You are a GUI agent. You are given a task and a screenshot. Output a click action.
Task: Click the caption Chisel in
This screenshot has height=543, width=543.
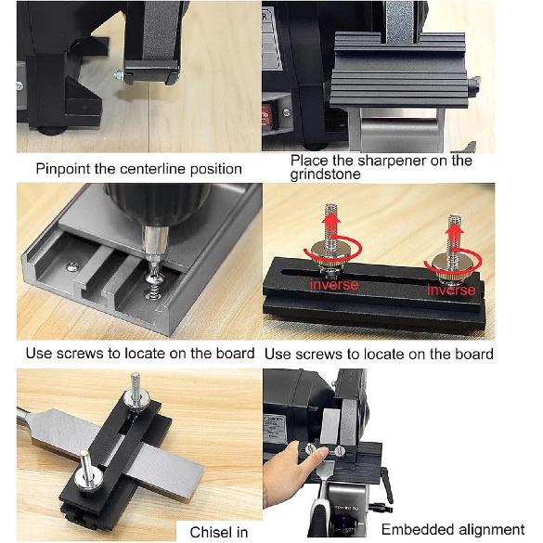click(x=219, y=532)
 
